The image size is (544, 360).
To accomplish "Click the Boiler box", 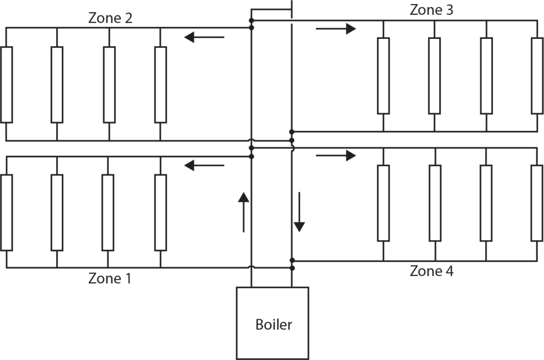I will (x=273, y=323).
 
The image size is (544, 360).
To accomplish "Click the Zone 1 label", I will (x=109, y=278).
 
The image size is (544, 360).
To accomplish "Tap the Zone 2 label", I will (x=110, y=19).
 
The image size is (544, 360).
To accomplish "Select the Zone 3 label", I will (x=431, y=10).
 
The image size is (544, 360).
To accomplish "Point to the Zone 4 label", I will (x=431, y=271).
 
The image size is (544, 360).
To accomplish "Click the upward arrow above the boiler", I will (x=243, y=212).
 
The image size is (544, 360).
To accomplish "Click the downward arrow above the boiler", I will (x=300, y=212).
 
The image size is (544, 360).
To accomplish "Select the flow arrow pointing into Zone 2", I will (x=205, y=37).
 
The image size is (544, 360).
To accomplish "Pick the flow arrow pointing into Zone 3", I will (x=336, y=29).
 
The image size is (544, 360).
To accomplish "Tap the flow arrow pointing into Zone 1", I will (x=205, y=166).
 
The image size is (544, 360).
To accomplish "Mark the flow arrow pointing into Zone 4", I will (x=336, y=156).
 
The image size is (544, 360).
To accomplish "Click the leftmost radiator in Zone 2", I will (x=6, y=84).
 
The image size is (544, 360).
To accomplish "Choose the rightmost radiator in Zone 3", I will (x=538, y=75).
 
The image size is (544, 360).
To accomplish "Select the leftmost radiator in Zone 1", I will (x=6, y=212).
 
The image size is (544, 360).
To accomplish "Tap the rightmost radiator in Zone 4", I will (x=538, y=203).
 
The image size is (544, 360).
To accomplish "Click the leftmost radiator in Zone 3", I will (x=383, y=75).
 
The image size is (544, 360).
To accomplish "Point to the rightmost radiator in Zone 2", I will (x=160, y=84).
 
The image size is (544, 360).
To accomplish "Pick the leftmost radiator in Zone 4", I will (x=383, y=203).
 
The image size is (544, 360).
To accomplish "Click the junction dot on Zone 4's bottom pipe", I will (x=292, y=261).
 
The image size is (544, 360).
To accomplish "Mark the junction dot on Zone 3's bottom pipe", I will (x=292, y=131).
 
